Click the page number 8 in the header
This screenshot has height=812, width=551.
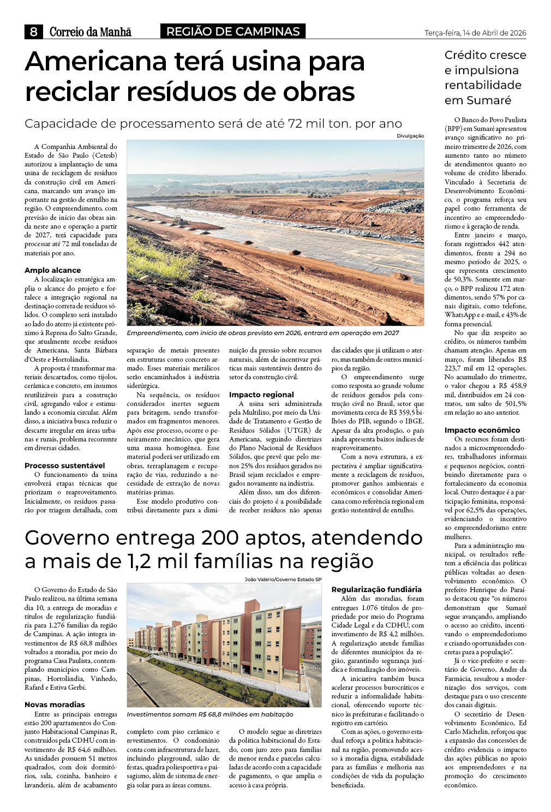pos(33,32)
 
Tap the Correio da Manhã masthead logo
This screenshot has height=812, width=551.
pos(91,32)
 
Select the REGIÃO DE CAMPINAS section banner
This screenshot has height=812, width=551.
pos(232,32)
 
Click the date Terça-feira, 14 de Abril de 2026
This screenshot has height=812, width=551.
pos(475,33)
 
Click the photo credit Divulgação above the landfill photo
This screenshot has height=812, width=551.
pos(410,136)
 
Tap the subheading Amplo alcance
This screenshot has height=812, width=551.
pos(52,270)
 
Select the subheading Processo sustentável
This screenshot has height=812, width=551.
pos(64,465)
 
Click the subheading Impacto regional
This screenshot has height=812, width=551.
pos(261,395)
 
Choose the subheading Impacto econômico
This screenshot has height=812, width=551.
pos(482,430)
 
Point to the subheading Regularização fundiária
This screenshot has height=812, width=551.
pos(376,589)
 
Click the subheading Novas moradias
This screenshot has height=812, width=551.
pos(55,704)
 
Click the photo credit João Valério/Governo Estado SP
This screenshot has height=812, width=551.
pos(283,580)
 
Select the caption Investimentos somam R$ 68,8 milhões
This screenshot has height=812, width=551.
pos(210,714)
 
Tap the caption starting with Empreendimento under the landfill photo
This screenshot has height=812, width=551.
pos(262,333)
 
